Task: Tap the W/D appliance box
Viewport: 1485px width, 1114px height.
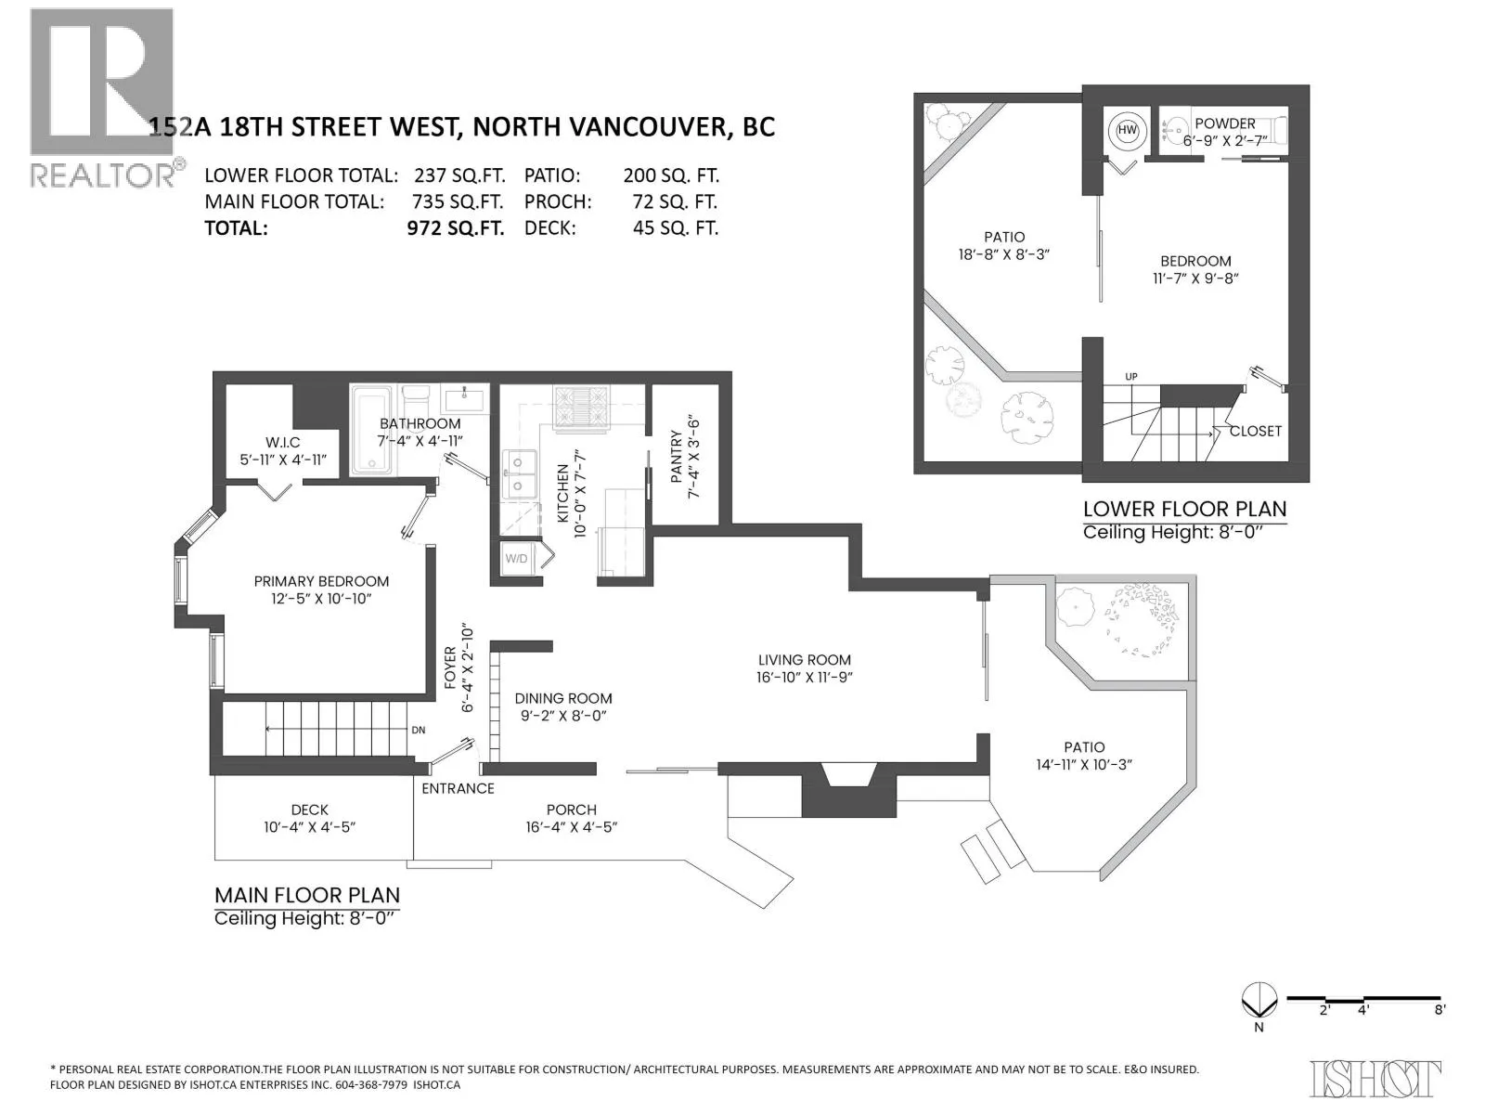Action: (x=517, y=559)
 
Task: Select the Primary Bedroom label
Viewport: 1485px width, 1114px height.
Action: (x=321, y=589)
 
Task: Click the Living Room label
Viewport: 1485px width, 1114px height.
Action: (x=804, y=668)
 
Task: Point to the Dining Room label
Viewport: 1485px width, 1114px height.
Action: (x=562, y=706)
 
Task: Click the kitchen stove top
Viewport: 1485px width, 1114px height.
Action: (x=581, y=408)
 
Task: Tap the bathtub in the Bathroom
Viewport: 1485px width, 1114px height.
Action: (x=370, y=430)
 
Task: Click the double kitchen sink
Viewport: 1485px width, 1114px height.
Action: (x=520, y=474)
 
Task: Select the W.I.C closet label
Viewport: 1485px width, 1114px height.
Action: (x=283, y=451)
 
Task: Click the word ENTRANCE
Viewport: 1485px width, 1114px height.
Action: (x=458, y=789)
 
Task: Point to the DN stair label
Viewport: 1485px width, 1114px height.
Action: (x=418, y=731)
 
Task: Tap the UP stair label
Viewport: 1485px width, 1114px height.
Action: (x=1130, y=377)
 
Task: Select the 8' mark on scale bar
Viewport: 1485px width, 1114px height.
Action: (x=1440, y=1029)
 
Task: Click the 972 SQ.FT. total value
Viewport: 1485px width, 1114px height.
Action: (x=456, y=228)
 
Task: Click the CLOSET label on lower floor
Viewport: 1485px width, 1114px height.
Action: (x=1255, y=432)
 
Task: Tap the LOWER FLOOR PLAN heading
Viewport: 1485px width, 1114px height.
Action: (x=1184, y=510)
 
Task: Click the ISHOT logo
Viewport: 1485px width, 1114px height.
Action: (x=1375, y=1078)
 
